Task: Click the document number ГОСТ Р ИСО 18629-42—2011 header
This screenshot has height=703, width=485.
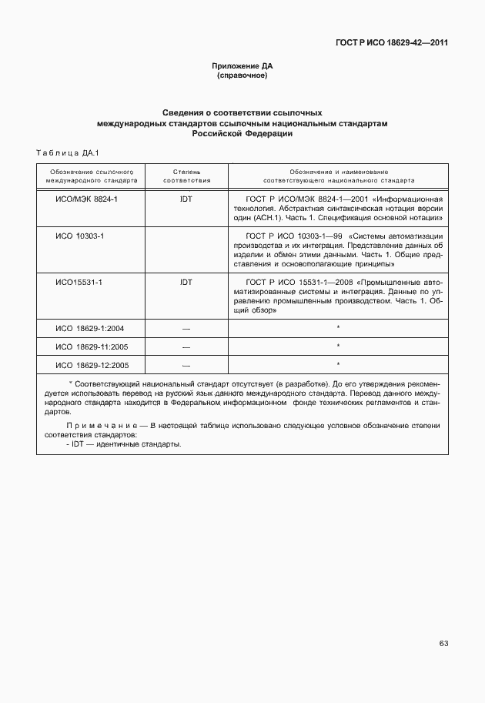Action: click(x=390, y=42)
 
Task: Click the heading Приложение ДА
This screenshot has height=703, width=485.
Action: click(x=242, y=66)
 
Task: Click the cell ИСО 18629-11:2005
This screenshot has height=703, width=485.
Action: click(x=92, y=346)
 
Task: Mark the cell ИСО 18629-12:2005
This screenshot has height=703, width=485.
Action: click(x=92, y=365)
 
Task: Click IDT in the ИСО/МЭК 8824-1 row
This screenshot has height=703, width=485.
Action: click(x=186, y=198)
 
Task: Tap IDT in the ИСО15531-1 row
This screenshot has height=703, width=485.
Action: click(x=186, y=282)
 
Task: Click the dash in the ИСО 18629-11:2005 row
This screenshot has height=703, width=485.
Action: click(x=186, y=346)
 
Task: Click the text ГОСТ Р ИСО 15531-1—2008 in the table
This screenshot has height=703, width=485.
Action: click(x=295, y=282)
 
